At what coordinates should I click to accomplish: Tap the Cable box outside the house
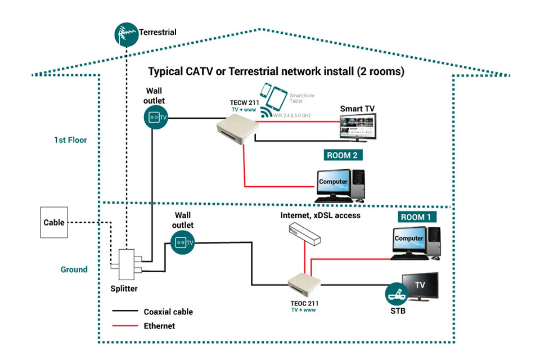(54, 223)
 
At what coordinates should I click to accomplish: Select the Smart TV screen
(358, 128)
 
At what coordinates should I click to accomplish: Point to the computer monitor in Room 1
(409, 238)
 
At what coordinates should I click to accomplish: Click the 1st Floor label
(70, 140)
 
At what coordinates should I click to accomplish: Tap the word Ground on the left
(74, 269)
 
